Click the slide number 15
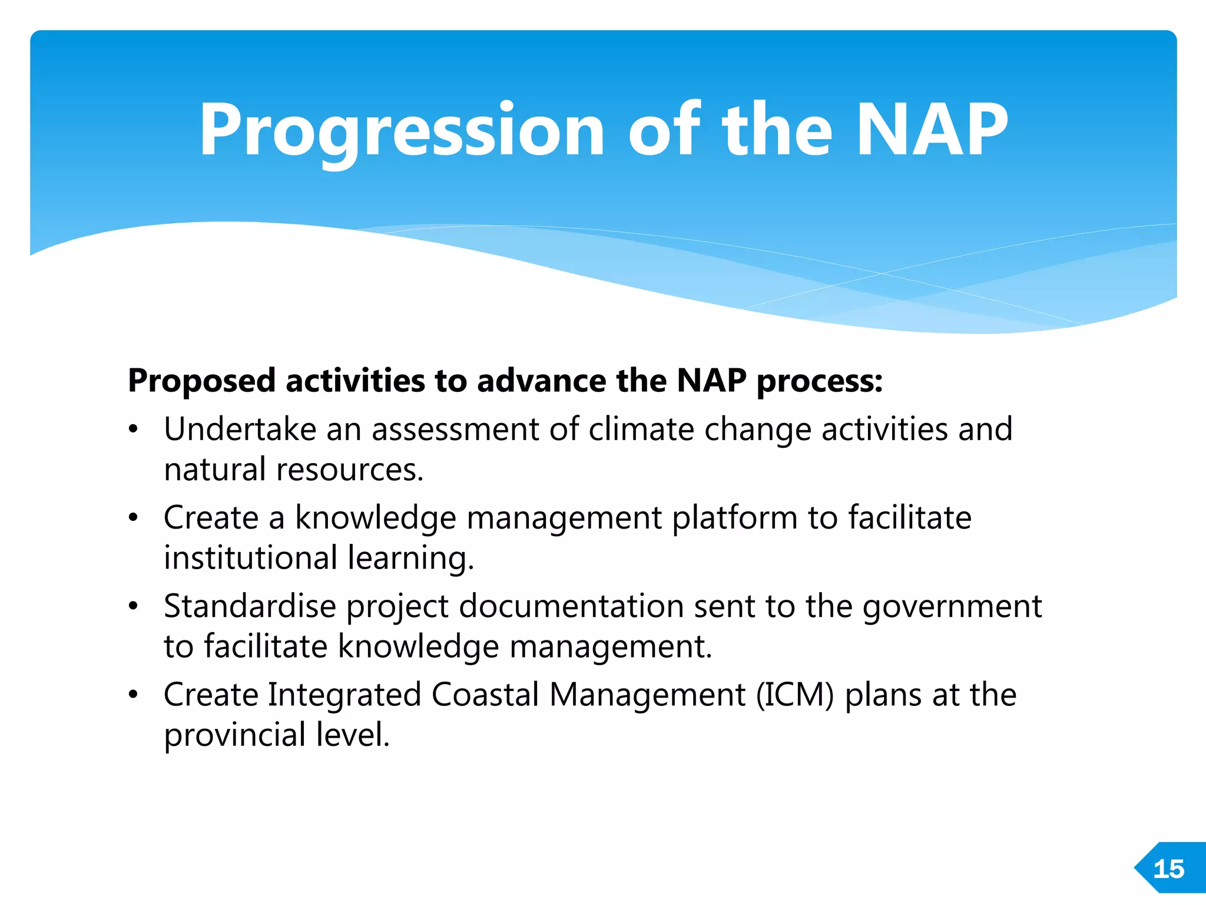(1168, 869)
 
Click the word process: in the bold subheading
(820, 381)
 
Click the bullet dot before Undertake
(134, 430)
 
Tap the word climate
(641, 429)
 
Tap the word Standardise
(250, 606)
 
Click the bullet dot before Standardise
(134, 607)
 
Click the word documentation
(571, 606)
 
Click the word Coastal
(485, 695)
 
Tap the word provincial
(234, 735)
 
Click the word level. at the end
(353, 735)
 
